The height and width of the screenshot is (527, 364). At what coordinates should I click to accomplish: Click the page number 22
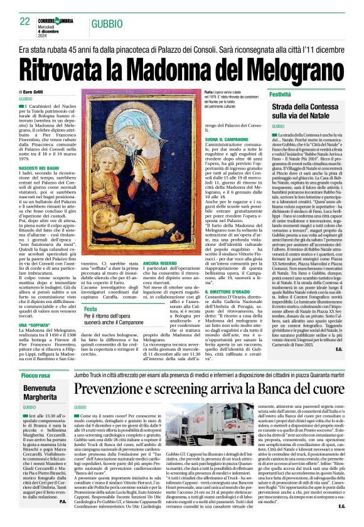click(25, 21)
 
